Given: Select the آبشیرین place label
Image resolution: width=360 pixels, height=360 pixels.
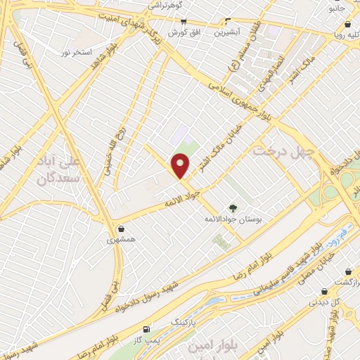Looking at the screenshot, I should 227,32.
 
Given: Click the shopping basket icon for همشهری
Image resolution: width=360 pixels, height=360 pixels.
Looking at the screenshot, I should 122,229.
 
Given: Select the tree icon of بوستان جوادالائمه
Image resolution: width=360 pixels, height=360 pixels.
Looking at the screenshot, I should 233,207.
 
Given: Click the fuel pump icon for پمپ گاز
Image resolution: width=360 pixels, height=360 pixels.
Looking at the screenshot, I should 146,329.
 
